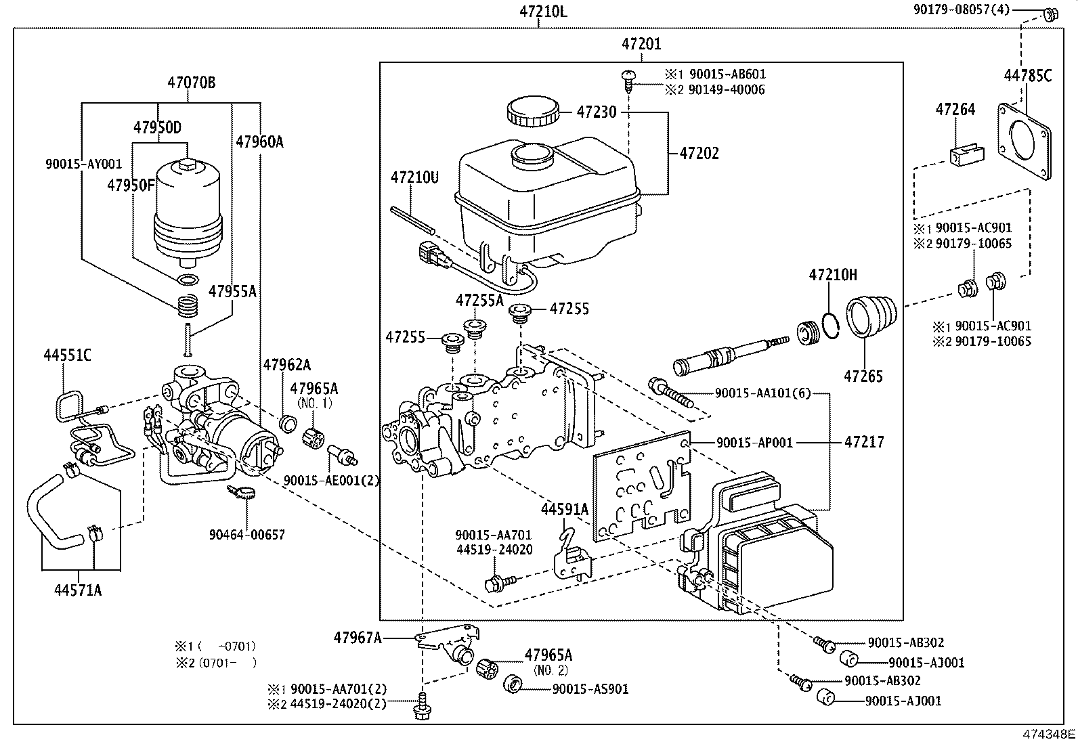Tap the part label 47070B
coord(192,83)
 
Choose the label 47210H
coord(833,275)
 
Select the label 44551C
coord(67,355)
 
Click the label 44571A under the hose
coord(78,590)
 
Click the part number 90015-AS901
coord(590,689)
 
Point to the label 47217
coord(864,443)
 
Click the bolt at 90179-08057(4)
coord(1050,13)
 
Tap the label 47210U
coord(414,178)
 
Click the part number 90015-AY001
coord(84,164)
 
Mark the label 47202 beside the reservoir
coord(699,154)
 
